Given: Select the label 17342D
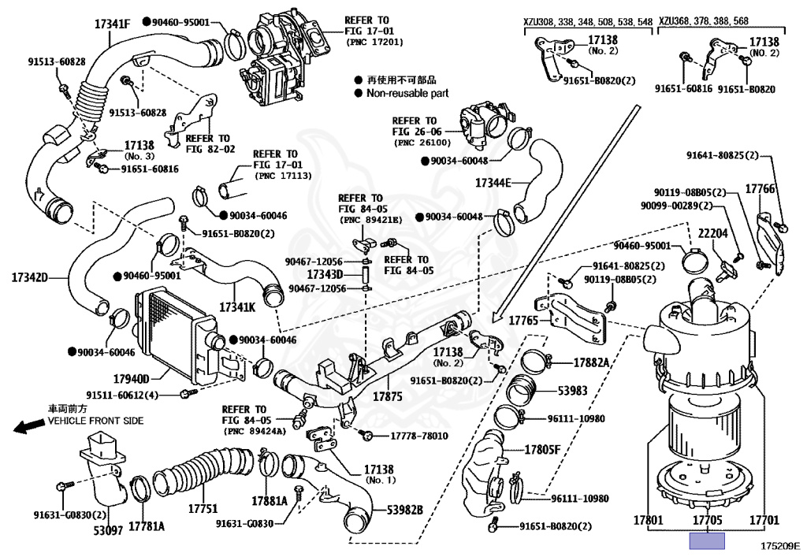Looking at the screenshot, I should [30, 277].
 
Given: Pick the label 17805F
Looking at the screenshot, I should [543, 450].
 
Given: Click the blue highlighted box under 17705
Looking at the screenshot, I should [706, 540].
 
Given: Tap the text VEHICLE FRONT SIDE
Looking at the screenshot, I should [96, 421].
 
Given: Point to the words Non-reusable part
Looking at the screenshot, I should [407, 93].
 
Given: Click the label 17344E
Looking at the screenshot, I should [493, 183].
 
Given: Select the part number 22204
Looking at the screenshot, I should [712, 232].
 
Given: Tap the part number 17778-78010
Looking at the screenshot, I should [418, 436].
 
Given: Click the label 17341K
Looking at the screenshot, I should [237, 306].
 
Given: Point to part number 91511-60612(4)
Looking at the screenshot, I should [122, 395].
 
